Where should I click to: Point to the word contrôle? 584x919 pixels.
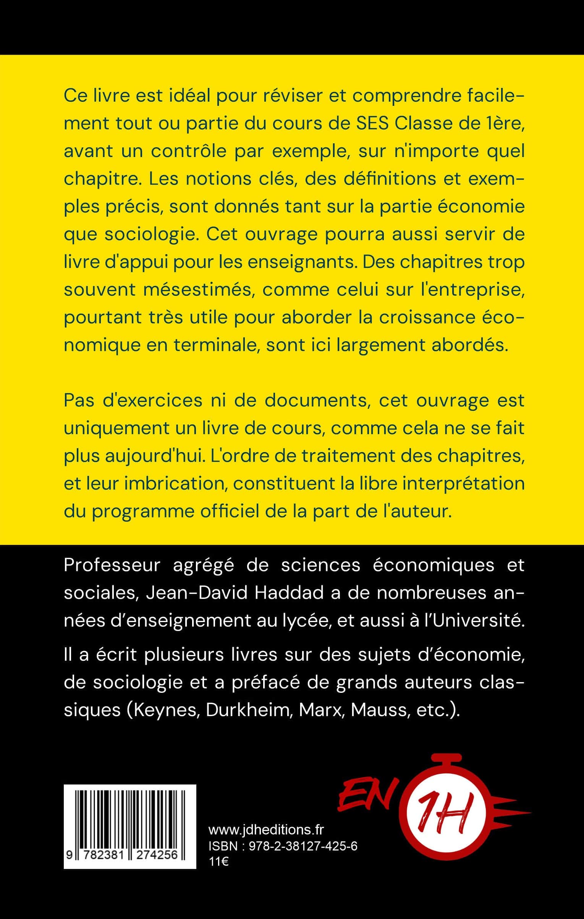tap(185, 151)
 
